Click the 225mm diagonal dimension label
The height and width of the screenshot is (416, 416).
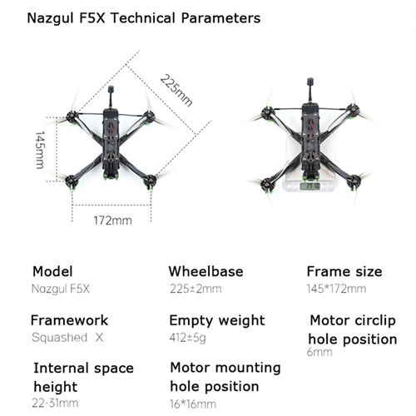[x=176, y=91]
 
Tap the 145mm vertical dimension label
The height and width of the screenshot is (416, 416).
[x=40, y=150]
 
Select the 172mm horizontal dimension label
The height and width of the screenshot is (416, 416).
[x=112, y=220]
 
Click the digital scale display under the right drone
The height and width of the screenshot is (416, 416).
[x=310, y=186]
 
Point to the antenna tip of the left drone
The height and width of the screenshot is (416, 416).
[x=111, y=89]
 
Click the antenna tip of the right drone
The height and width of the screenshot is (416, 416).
[x=310, y=81]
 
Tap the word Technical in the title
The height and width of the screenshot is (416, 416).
[x=143, y=18]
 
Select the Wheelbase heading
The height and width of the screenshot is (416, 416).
[x=206, y=271]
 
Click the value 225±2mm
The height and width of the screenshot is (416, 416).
[x=196, y=289]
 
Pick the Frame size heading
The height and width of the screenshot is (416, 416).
[x=344, y=271]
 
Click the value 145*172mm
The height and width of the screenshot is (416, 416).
[x=336, y=289]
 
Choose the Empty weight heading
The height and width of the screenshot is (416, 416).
[x=217, y=321]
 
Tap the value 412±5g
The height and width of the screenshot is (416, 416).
[x=188, y=338]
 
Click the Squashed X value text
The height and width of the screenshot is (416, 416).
[x=67, y=338]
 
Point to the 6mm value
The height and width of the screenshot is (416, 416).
[x=319, y=352]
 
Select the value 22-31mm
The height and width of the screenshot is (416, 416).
[x=55, y=403]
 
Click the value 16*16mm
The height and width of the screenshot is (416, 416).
[x=193, y=404]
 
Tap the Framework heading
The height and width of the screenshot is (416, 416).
[x=69, y=320]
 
